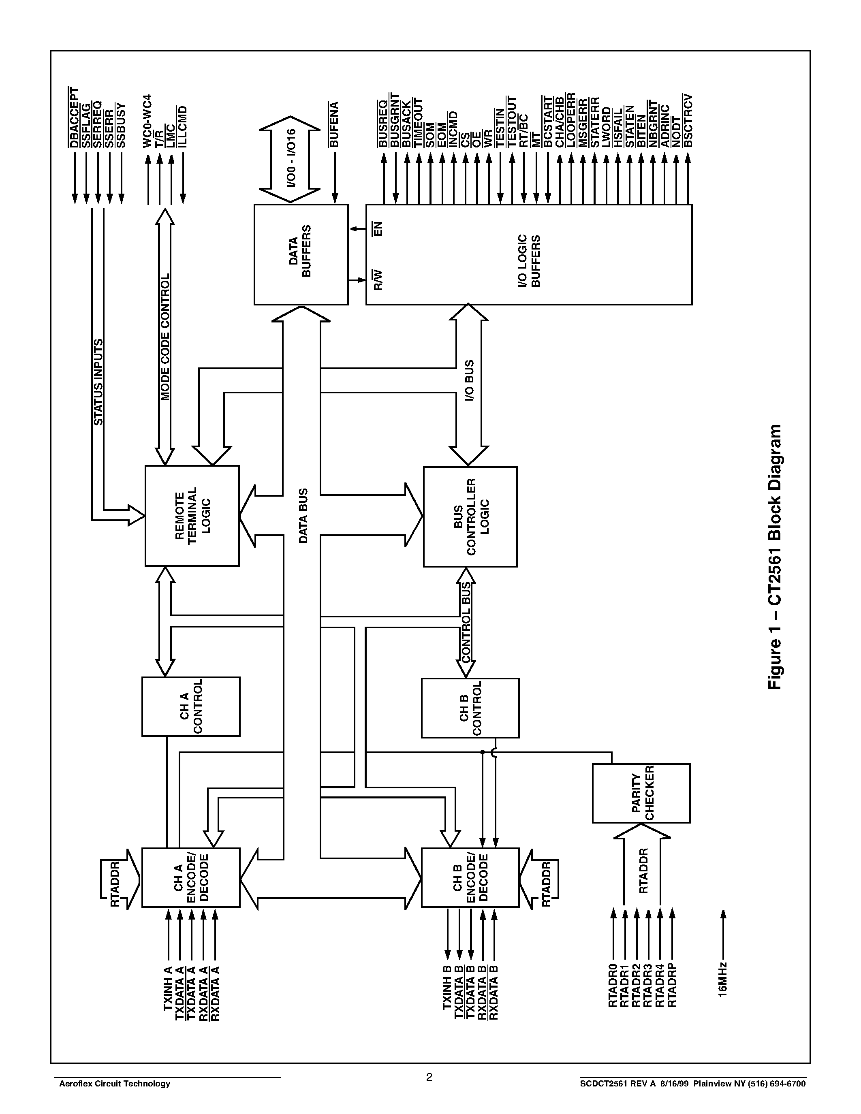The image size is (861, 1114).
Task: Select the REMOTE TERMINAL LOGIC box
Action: point(192,515)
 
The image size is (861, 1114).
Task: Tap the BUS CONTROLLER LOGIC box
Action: point(470,516)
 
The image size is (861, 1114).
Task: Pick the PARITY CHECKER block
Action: point(641,793)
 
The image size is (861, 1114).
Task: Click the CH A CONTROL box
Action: point(190,706)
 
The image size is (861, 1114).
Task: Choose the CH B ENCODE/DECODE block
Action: point(470,877)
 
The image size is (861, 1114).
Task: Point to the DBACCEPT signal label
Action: point(75,118)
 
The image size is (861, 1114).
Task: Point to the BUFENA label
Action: point(334,125)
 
